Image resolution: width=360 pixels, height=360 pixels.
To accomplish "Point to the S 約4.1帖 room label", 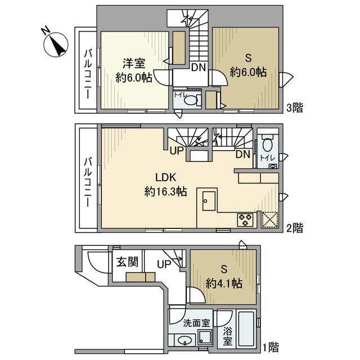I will tap(223, 276).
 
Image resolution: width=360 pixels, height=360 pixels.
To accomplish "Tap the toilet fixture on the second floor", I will tap(267, 144).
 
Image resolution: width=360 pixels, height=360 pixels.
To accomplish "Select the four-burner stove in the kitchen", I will tap(246, 219).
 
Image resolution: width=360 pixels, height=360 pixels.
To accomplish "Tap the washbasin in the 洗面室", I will tap(184, 340).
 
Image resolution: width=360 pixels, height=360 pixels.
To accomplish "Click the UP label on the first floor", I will tap(165, 263).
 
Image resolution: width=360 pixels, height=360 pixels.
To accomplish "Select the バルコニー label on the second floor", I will tap(88, 178).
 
